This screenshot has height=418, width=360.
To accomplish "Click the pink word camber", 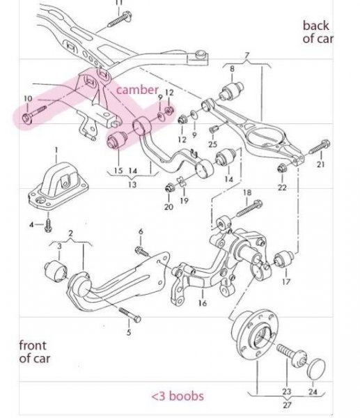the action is point(137,90).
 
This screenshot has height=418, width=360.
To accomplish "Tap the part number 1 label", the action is point(56,150).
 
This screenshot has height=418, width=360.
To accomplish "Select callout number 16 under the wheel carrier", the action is point(203,303).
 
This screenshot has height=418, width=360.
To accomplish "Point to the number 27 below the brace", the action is point(287,405).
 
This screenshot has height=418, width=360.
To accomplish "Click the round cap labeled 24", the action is point(316,369).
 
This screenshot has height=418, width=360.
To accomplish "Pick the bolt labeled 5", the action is point(130,315).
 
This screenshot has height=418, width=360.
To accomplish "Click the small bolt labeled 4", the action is point(48,226).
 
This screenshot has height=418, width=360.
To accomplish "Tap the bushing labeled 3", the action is point(56,270).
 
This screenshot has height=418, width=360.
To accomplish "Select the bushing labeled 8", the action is point(231,91).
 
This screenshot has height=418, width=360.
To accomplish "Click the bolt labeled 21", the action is point(320,147).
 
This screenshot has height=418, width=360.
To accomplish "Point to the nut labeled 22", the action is point(281,169).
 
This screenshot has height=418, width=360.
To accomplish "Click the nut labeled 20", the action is point(169,189).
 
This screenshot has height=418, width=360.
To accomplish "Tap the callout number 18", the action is point(247,192).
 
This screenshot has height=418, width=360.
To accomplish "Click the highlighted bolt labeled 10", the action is point(35,114).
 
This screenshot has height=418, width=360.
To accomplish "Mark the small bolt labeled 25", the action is point(214,129).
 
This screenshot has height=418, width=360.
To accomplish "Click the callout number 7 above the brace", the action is point(247,56).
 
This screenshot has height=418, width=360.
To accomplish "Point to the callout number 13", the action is point(132,185).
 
